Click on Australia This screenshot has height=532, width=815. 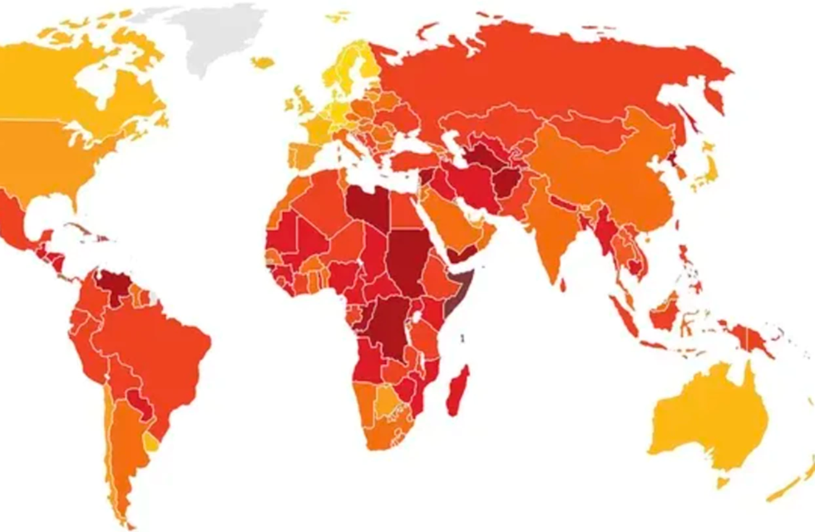[x=707, y=416]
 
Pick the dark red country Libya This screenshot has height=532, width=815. [x=366, y=204]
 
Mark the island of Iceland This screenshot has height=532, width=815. [x=262, y=62]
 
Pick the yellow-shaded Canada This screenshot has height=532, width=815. [x=75, y=83]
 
